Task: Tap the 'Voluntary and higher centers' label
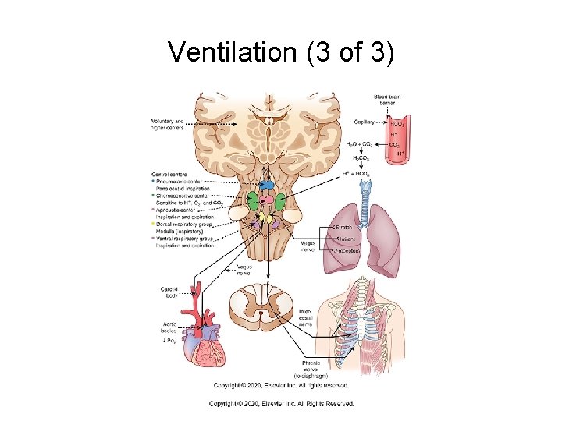[x=167, y=125]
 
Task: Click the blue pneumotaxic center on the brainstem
[x=267, y=185]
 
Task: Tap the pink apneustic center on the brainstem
[x=268, y=200]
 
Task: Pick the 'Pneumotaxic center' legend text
[x=182, y=181]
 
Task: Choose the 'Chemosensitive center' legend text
[x=186, y=196]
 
